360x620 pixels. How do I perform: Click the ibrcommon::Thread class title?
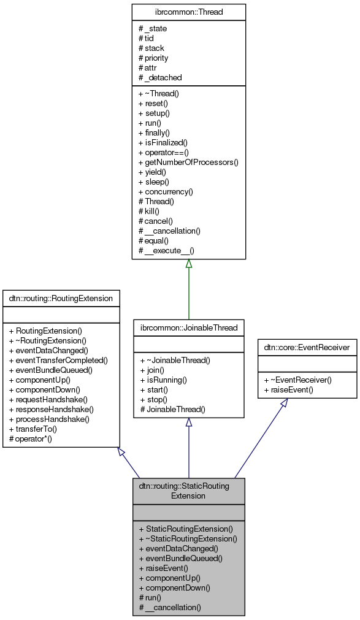click(x=188, y=12)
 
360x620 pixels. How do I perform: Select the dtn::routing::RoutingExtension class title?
click(x=61, y=299)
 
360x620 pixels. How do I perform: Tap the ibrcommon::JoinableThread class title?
click(x=189, y=327)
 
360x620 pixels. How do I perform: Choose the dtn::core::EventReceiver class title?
click(x=307, y=348)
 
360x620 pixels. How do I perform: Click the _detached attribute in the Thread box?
click(x=160, y=77)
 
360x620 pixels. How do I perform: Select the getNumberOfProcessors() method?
click(x=188, y=163)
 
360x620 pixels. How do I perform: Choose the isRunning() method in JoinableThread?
click(x=162, y=380)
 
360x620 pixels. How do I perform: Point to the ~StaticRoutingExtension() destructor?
click(x=188, y=538)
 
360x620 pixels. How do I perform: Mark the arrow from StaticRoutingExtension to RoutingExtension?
click(x=129, y=463)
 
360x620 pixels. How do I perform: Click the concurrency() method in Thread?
click(x=166, y=191)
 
